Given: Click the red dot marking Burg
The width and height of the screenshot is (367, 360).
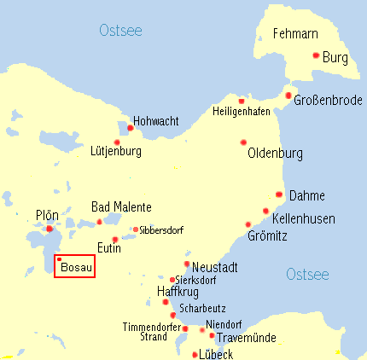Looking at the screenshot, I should [x=316, y=55].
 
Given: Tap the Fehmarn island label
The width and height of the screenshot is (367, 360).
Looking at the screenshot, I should [x=294, y=34].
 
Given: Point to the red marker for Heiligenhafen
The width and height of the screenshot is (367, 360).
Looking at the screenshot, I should [x=242, y=99].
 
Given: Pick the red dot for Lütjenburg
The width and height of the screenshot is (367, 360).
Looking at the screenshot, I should [x=117, y=142].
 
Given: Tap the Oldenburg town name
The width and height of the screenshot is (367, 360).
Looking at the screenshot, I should [x=275, y=154].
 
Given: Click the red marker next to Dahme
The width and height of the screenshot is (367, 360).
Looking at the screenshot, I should [x=279, y=195].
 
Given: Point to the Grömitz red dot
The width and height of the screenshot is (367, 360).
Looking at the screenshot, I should [x=248, y=224].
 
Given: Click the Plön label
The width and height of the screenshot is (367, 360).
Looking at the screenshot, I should [x=47, y=215].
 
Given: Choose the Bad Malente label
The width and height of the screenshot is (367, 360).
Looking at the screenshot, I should [x=121, y=207].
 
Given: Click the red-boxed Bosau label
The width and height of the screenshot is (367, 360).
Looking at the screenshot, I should [x=76, y=268].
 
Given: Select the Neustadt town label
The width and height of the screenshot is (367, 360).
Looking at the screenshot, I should [x=214, y=267].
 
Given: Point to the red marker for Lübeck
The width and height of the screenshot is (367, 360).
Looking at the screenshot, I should [x=195, y=354].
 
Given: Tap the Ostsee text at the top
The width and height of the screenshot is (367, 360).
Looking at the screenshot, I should [x=120, y=31].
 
